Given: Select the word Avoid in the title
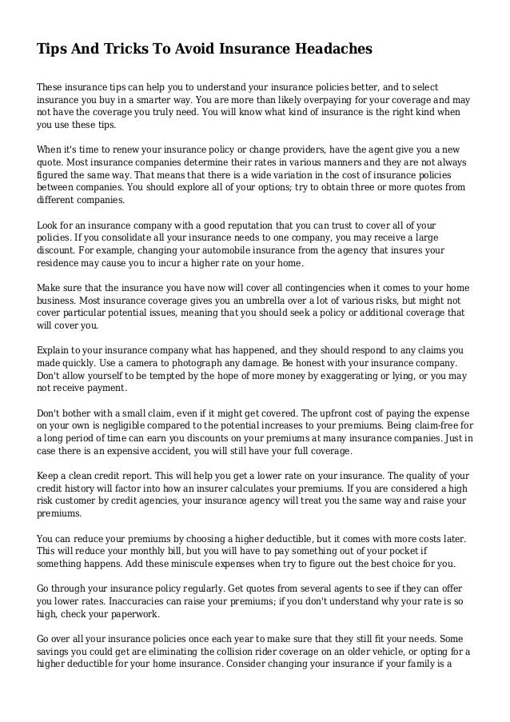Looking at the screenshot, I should coord(192,50).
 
